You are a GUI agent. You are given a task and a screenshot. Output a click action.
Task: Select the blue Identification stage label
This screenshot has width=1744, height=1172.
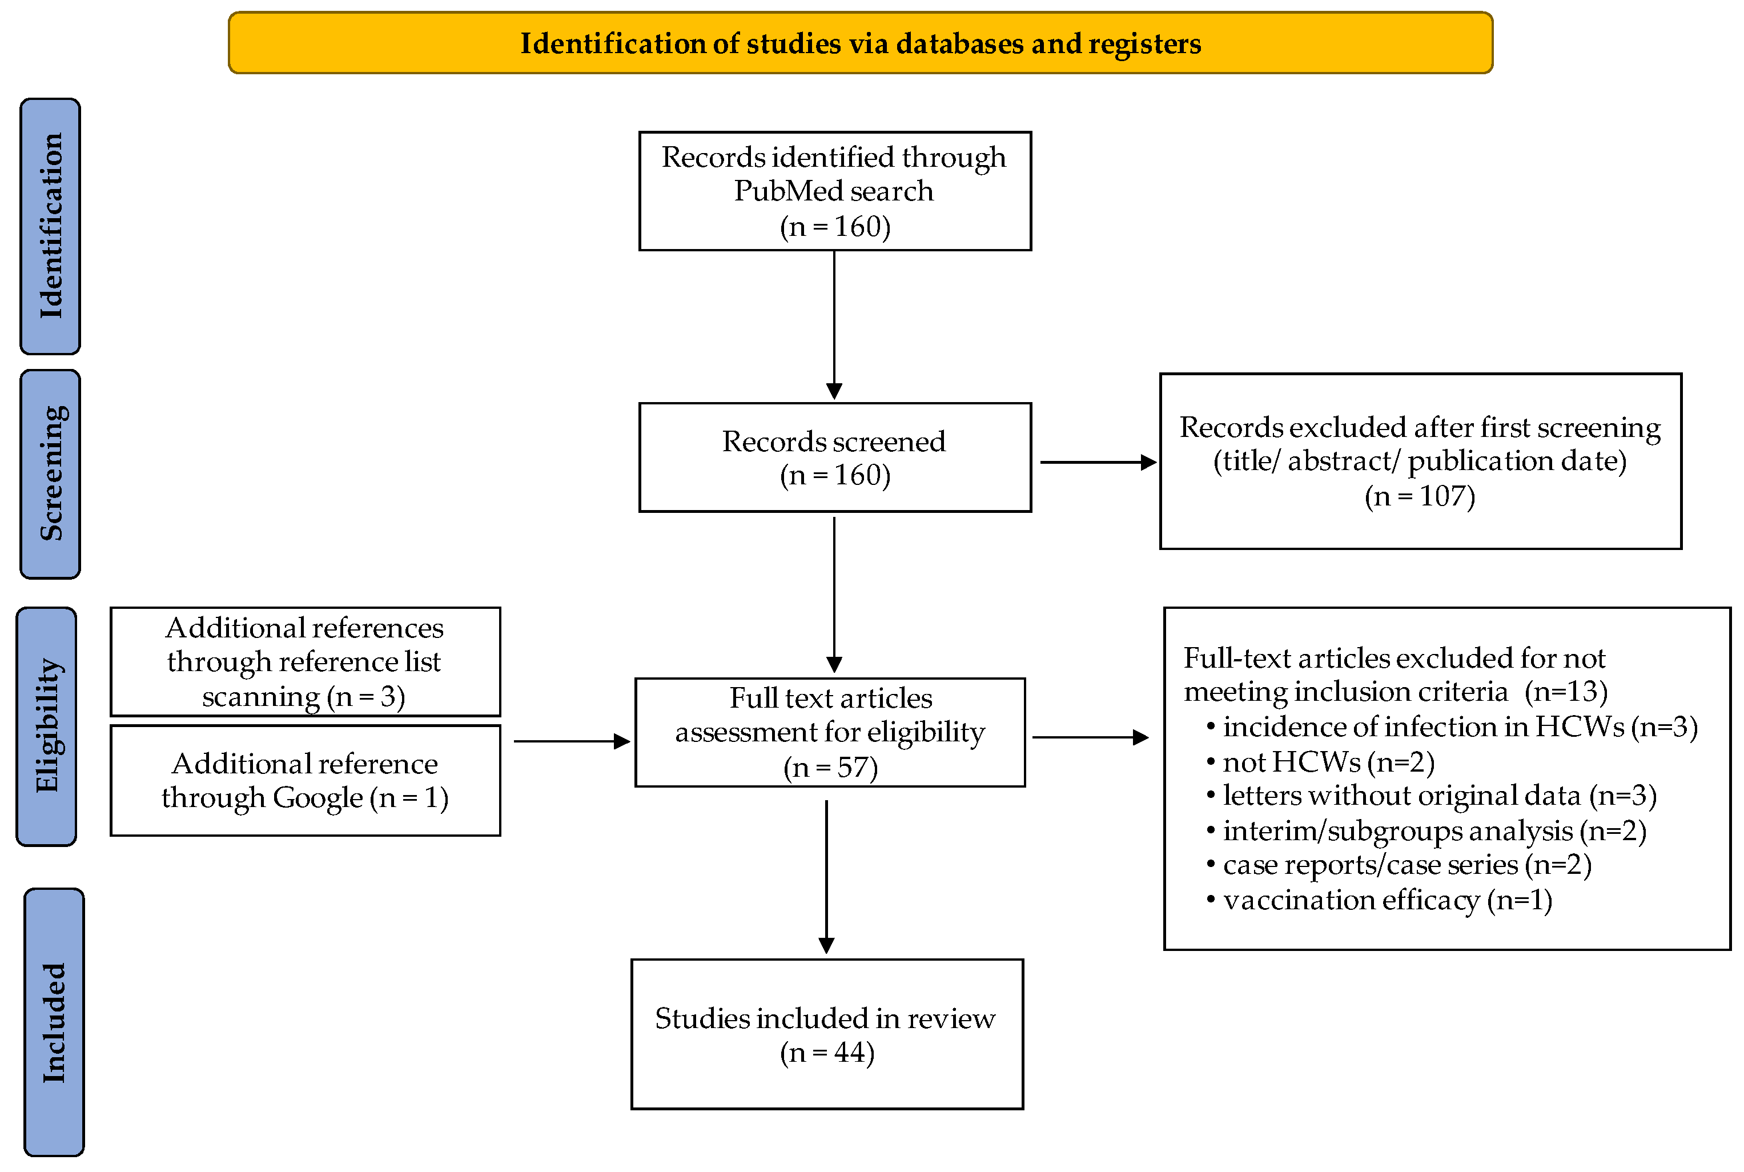[50, 226]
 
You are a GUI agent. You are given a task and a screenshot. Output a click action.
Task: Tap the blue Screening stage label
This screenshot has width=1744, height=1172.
[50, 474]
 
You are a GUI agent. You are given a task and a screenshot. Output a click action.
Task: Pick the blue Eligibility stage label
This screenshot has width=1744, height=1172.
[46, 726]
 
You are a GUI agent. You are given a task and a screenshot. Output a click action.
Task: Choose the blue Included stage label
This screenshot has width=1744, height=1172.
[54, 1022]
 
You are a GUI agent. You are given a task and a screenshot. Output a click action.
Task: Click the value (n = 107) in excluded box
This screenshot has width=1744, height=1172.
[1419, 496]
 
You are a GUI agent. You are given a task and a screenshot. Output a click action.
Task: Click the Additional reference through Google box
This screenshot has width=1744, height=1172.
[305, 780]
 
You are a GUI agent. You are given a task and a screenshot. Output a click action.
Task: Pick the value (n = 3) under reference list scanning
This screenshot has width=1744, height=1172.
[365, 697]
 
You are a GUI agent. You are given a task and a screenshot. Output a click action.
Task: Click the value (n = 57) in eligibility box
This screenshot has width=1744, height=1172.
[830, 768]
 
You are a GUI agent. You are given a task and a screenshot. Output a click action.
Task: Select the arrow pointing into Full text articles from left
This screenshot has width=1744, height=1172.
[572, 741]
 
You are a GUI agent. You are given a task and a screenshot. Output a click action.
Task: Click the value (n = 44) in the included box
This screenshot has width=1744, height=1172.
[826, 1053]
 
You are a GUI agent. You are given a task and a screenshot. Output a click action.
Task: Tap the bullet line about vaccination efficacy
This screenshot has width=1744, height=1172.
[1379, 900]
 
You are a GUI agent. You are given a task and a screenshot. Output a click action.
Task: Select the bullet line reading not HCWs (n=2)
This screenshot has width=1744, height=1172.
[1321, 762]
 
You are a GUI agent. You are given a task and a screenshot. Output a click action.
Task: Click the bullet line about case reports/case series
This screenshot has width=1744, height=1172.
[1399, 865]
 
